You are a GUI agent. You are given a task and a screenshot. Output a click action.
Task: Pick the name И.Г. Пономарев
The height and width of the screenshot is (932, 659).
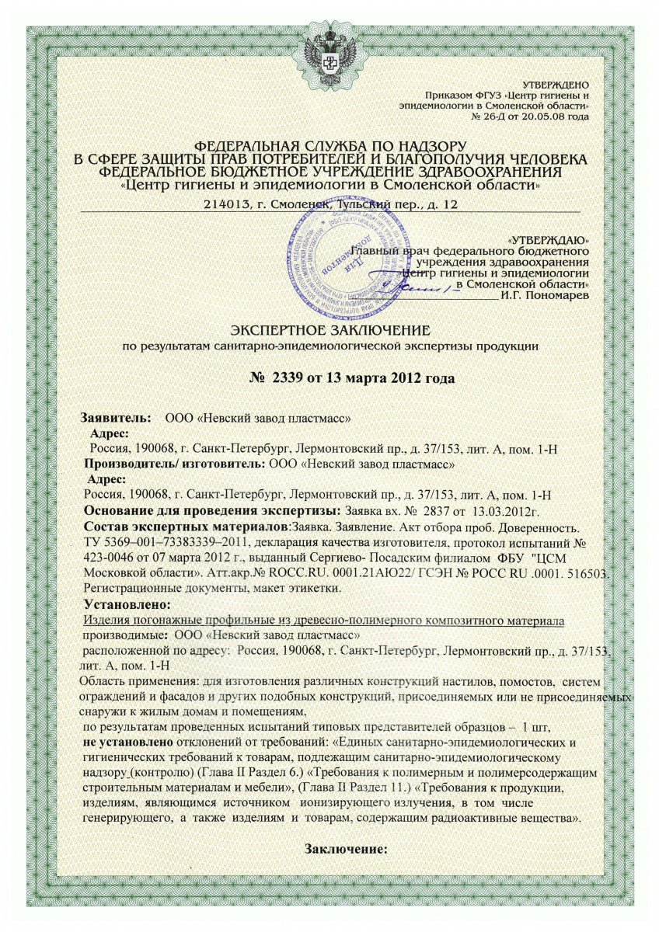(545, 294)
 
